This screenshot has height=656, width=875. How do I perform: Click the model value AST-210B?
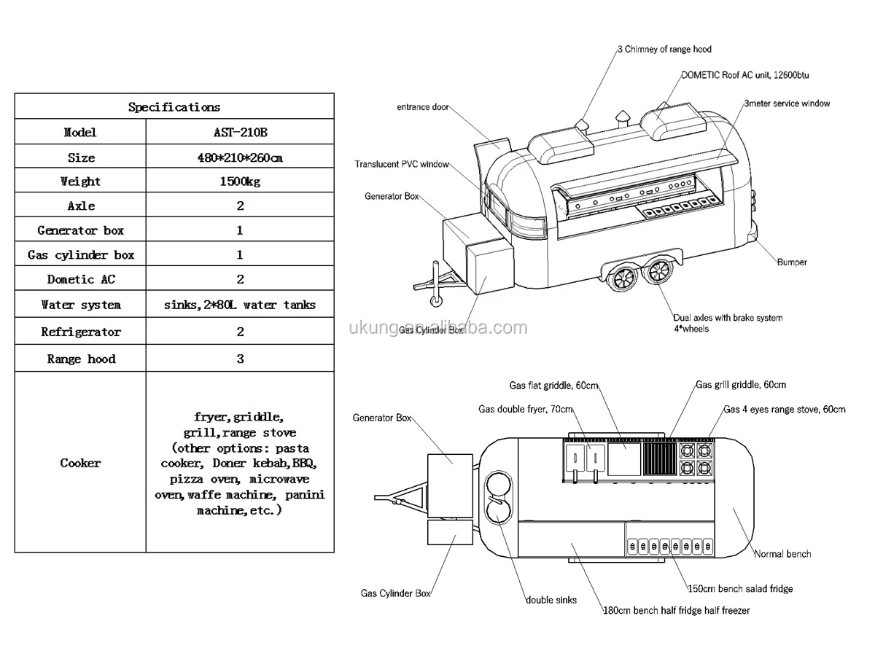tap(240, 132)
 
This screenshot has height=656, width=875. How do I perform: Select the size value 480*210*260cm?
tap(240, 157)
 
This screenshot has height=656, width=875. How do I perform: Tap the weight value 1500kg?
tap(240, 181)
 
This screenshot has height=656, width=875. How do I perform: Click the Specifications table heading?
tap(174, 106)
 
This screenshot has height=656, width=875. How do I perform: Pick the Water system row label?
tap(81, 305)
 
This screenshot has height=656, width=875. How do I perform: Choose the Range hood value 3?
tap(240, 359)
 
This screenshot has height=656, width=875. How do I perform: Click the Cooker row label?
tap(80, 463)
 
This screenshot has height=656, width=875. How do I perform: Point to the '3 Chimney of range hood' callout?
tap(664, 50)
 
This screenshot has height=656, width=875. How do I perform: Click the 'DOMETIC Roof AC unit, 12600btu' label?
tap(745, 75)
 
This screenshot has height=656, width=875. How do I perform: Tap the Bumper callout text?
tap(792, 262)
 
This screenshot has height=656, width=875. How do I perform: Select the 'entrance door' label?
tap(422, 107)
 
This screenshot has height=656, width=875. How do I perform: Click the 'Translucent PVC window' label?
tap(402, 164)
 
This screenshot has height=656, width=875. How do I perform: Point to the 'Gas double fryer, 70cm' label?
tap(526, 409)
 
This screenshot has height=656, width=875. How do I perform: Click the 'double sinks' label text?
tap(551, 600)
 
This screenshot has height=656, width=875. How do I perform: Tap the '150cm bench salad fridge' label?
tap(740, 588)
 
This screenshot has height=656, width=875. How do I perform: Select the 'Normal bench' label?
tap(782, 554)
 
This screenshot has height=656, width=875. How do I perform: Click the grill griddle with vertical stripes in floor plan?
tap(660, 459)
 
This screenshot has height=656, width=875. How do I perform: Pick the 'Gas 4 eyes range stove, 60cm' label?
tap(785, 409)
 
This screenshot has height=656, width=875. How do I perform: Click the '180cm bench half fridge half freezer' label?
tap(677, 610)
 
